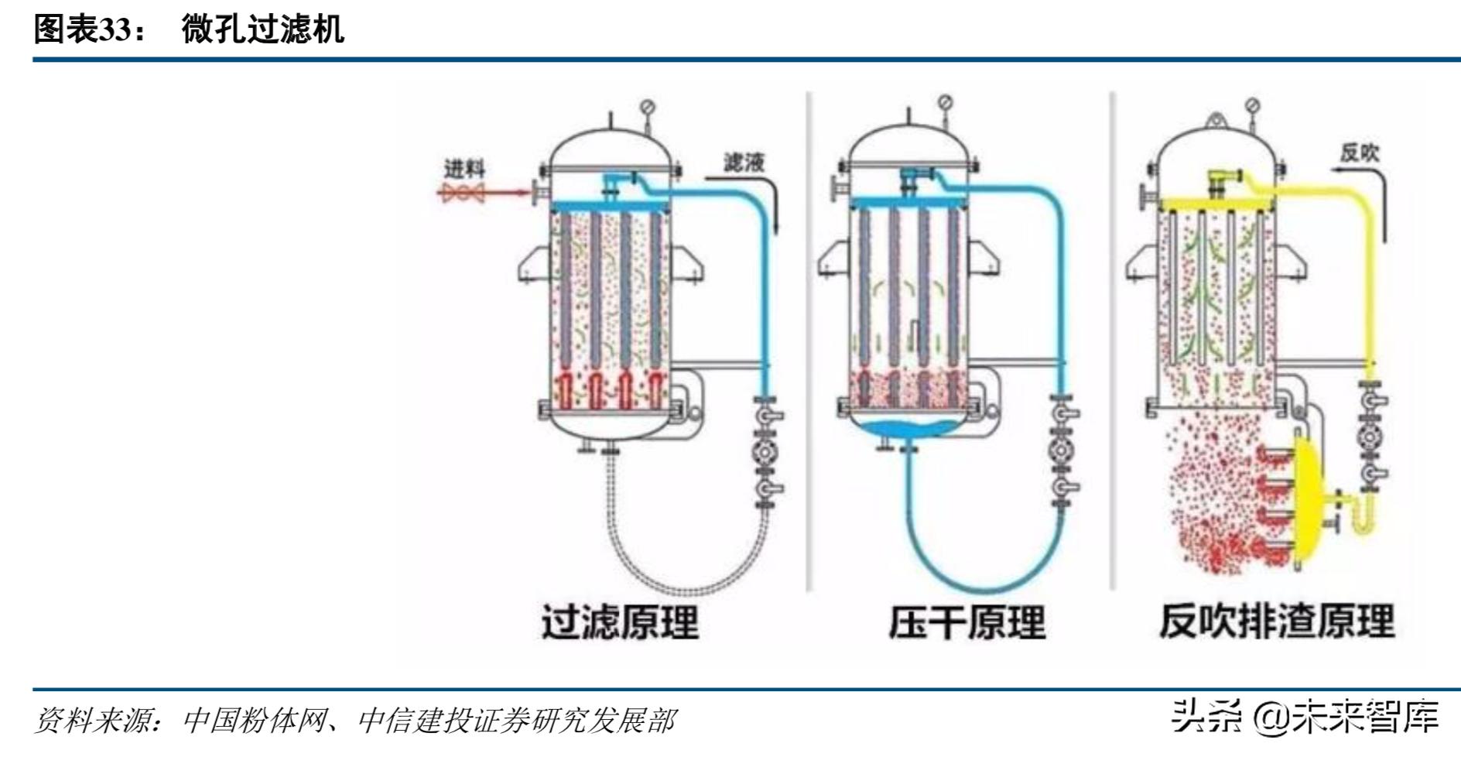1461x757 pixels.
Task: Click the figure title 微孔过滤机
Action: click(x=262, y=29)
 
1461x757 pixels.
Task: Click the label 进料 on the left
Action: click(x=464, y=168)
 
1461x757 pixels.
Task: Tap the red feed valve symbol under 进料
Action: click(x=463, y=193)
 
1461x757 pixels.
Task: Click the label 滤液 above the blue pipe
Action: click(x=744, y=162)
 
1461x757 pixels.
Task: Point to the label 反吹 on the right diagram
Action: click(x=1360, y=152)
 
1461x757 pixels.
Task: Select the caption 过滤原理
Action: click(x=619, y=622)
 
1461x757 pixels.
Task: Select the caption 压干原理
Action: click(x=967, y=622)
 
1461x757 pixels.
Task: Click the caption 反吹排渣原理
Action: click(x=1277, y=621)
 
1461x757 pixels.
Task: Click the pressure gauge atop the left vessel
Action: click(x=648, y=106)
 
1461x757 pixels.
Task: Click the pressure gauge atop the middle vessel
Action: click(x=945, y=102)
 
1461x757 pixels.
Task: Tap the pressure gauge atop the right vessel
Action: click(x=1253, y=105)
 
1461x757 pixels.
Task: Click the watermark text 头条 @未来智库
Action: click(x=1304, y=716)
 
